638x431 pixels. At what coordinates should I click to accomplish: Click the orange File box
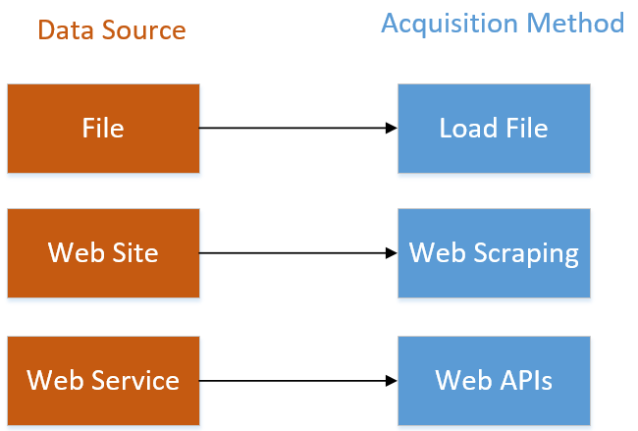click(x=103, y=128)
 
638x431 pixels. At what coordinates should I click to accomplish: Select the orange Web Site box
click(x=103, y=252)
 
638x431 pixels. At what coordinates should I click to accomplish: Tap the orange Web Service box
click(x=103, y=380)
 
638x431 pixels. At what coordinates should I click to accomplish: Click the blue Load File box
click(x=494, y=128)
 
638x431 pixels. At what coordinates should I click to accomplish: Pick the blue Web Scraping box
click(x=494, y=252)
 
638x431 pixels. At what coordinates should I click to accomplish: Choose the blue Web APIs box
click(x=494, y=380)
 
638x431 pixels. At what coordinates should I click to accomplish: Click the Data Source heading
click(x=111, y=30)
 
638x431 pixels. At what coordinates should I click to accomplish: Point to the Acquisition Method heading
click(x=503, y=23)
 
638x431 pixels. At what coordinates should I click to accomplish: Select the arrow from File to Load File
click(x=294, y=128)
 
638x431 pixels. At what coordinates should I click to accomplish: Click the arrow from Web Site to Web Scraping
click(x=294, y=253)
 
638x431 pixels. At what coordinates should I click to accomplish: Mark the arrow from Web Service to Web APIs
click(x=294, y=380)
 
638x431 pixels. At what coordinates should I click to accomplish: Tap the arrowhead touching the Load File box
click(x=391, y=128)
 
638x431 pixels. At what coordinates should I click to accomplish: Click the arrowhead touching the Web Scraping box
click(x=391, y=253)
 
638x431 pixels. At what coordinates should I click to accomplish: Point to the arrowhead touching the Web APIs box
click(x=391, y=380)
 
